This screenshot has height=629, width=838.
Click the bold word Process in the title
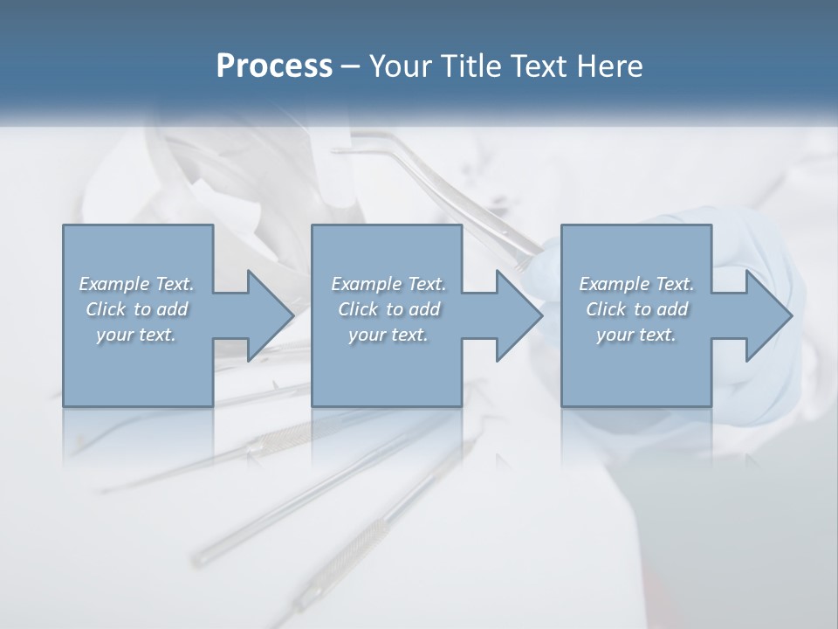pyautogui.click(x=274, y=66)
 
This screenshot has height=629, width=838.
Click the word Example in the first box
pyautogui.click(x=114, y=284)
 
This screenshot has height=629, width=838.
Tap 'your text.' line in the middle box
pyautogui.click(x=388, y=335)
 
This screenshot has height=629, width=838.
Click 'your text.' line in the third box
pyautogui.click(x=635, y=335)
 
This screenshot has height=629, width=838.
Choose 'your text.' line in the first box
pyautogui.click(x=135, y=335)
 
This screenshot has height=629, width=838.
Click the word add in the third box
pyautogui.click(x=672, y=309)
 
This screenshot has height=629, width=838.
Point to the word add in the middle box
pyautogui.click(x=424, y=309)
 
